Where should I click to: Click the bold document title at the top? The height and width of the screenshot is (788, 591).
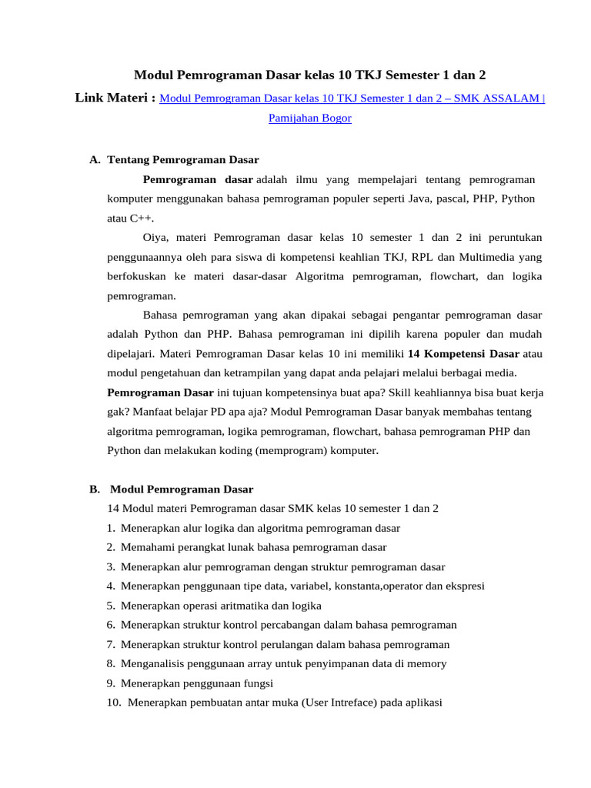click(x=310, y=75)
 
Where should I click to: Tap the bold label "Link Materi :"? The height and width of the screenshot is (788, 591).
click(x=115, y=98)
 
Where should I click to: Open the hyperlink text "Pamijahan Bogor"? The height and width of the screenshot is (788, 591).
click(x=309, y=119)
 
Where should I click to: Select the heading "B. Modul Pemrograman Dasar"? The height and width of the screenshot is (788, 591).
click(x=171, y=489)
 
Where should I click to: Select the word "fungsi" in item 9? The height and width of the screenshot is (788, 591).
click(x=258, y=683)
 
